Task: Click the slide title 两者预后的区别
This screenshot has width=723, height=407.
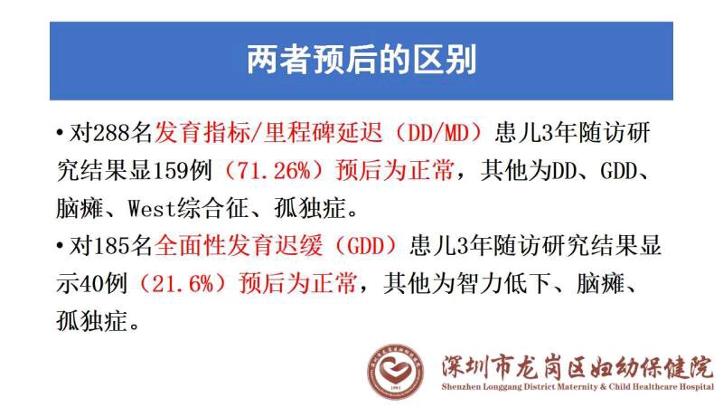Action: pyautogui.click(x=361, y=60)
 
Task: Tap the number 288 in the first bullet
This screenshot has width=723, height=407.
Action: pyautogui.click(x=112, y=133)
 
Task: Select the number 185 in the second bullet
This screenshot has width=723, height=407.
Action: pyautogui.click(x=112, y=246)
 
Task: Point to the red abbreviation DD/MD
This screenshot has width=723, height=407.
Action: pyautogui.click(x=438, y=133)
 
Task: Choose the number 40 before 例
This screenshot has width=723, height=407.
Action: pyautogui.click(x=92, y=283)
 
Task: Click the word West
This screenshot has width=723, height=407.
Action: pyautogui.click(x=152, y=209)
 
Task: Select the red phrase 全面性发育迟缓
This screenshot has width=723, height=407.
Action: pyautogui.click(x=239, y=246)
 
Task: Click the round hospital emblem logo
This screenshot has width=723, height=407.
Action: pyautogui.click(x=395, y=372)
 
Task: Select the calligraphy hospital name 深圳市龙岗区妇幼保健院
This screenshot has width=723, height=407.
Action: pyautogui.click(x=577, y=367)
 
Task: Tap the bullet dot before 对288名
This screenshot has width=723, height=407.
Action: pyautogui.click(x=60, y=133)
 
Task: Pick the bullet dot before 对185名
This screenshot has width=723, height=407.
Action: pyautogui.click(x=60, y=246)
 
